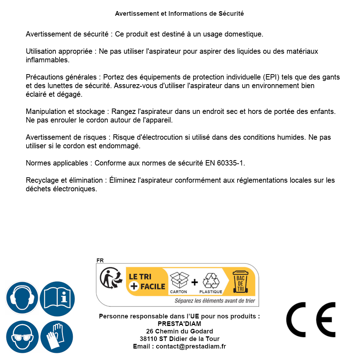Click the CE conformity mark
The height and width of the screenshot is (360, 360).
click(x=311, y=320)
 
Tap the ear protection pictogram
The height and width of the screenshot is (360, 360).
click(x=21, y=298)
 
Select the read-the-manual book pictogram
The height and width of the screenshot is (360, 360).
click(x=57, y=298)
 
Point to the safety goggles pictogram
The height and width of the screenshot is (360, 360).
click(x=22, y=337)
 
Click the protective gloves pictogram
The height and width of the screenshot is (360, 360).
click(x=57, y=337)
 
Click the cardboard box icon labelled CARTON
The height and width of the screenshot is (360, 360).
click(x=179, y=280)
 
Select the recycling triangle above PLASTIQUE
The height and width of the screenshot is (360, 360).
click(x=211, y=280)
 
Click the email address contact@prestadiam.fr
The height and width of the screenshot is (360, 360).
click(x=191, y=346)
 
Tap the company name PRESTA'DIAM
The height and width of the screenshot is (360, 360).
click(x=179, y=324)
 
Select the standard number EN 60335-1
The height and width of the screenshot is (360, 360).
click(x=225, y=163)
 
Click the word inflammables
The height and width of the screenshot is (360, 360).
click(x=47, y=60)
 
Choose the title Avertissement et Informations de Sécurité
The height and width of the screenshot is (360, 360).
click(x=179, y=14)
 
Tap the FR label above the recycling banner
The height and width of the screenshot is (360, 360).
click(x=100, y=260)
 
